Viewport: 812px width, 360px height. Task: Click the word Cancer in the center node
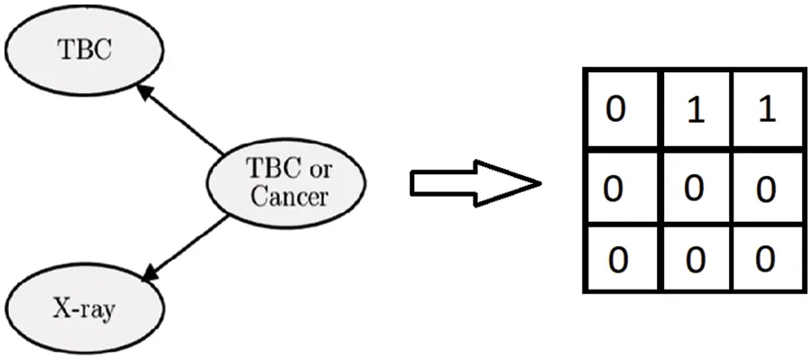coord(289,197)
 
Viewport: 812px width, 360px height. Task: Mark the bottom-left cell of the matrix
coord(623,261)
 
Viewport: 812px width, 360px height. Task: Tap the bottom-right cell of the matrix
coord(766,261)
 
